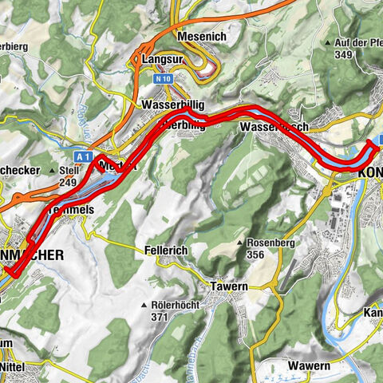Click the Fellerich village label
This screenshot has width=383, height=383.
166,250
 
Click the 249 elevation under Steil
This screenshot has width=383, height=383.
67,183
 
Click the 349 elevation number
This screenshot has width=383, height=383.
344,54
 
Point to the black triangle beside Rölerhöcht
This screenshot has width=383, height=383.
143,305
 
